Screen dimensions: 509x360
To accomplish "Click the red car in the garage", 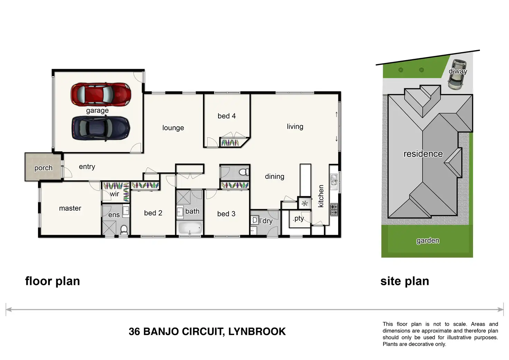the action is pos(101,94).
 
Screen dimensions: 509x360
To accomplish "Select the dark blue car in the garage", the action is pos(101,128).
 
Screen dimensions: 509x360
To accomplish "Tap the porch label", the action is pos(43,168).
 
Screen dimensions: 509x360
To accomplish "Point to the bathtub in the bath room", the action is pos(190,228).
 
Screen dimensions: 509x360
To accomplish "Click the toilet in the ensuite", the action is pos(124,229).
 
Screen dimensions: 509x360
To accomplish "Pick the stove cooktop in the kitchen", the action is pos(334,210).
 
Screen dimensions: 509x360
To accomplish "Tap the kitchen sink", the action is pos(334,182).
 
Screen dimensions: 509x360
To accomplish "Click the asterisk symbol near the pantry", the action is pos(305,203).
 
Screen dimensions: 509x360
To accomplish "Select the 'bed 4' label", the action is pos(226,116).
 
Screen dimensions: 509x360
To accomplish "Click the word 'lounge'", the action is pos(173,128).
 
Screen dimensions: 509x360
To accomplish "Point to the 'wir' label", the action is pos(114,194).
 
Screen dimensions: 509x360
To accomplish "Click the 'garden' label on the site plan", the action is pos(428,240).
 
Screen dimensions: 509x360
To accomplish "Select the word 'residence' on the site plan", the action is pos(423,154).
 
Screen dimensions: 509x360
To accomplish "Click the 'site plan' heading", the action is pos(405,281).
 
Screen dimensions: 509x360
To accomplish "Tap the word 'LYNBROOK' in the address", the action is pos(257,332).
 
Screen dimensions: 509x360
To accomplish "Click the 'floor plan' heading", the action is pos(53,281).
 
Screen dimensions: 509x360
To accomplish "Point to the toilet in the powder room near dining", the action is pos(244,172).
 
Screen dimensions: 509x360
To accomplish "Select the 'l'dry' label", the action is pos(266,221).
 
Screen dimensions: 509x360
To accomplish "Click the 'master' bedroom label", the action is pos(70,208).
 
